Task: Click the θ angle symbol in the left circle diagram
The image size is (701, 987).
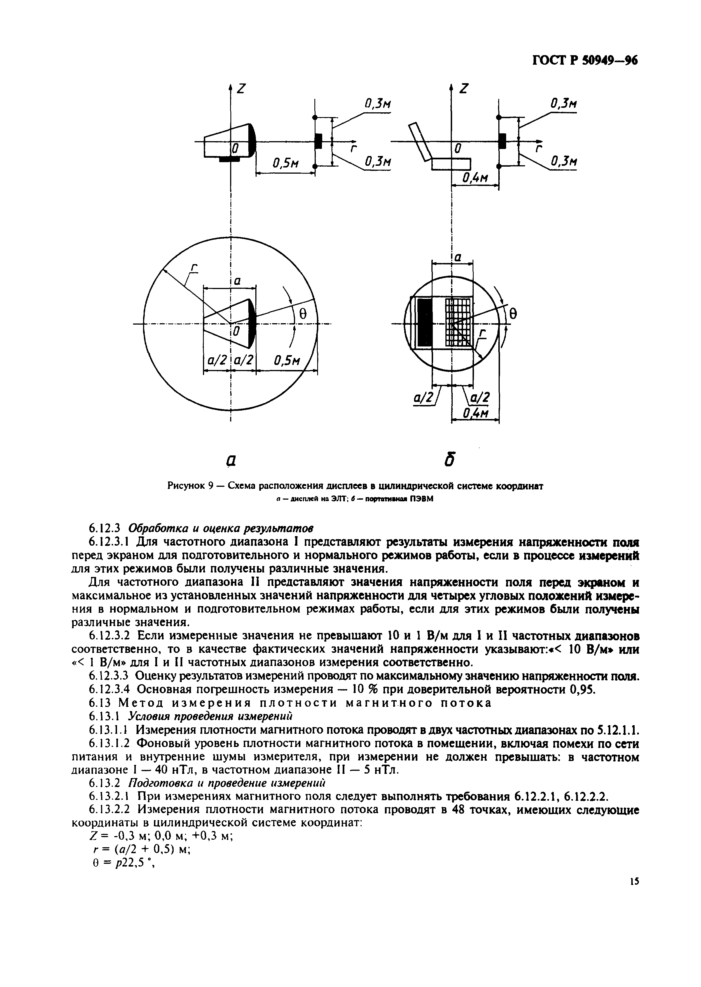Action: click(303, 315)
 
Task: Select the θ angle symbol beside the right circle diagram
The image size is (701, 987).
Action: click(513, 314)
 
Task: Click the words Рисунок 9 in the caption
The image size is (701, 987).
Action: click(190, 486)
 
